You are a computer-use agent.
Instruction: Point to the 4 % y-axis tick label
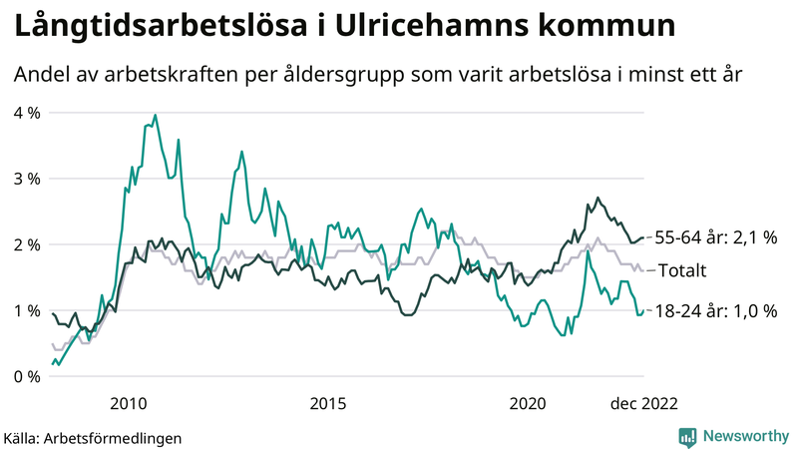[27, 113]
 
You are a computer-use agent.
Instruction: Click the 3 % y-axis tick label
[27, 179]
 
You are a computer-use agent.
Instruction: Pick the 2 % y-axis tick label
[27, 244]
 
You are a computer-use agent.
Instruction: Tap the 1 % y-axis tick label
[27, 310]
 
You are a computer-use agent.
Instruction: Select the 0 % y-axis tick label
[27, 376]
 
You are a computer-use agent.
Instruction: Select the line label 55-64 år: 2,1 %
[715, 237]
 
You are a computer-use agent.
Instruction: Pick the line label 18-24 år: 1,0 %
[715, 311]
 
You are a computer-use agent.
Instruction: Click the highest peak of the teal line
[156, 115]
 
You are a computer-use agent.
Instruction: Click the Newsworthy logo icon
[687, 436]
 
